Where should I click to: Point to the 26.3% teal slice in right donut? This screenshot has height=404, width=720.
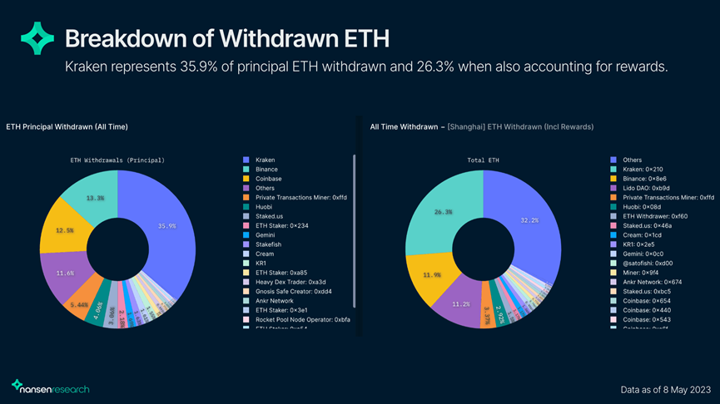[444, 212]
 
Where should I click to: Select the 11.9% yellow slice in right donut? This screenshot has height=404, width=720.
[431, 274]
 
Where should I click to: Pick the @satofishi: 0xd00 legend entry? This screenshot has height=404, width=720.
[654, 263]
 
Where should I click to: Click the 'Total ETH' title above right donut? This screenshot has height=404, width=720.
[483, 159]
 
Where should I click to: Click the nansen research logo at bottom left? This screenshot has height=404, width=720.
[52, 387]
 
